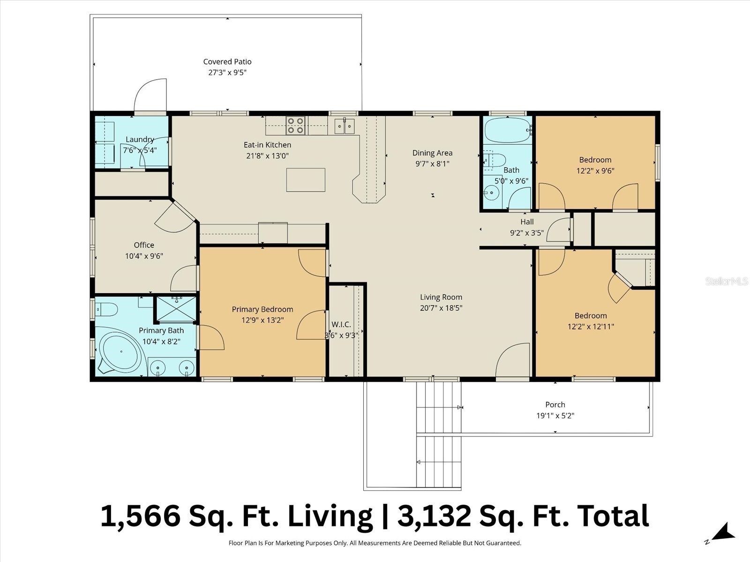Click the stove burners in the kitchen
tap(296, 126)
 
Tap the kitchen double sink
tap(345, 126)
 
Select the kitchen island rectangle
tap(306, 180)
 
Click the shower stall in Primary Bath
tap(176, 309)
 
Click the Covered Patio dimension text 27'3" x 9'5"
tap(227, 73)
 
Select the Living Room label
tap(441, 297)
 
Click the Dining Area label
tap(432, 153)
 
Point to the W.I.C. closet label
tap(341, 325)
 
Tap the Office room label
tap(144, 245)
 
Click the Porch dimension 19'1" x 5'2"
tap(555, 415)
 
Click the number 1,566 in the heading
tap(140, 516)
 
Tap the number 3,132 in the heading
tap(434, 516)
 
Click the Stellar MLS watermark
tap(726, 281)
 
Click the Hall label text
tap(527, 222)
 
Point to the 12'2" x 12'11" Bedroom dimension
tap(591, 326)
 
